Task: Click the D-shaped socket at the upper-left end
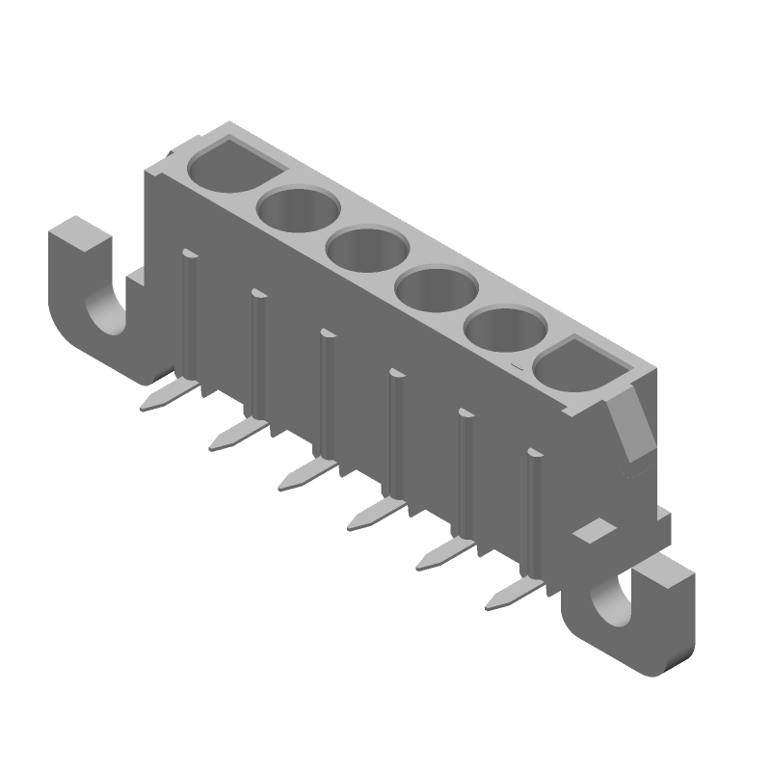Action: (x=229, y=168)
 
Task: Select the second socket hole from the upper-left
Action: (x=298, y=209)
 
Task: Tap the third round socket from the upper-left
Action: (x=367, y=251)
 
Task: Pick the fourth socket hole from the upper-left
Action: (x=436, y=291)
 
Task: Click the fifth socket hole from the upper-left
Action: (x=504, y=332)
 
